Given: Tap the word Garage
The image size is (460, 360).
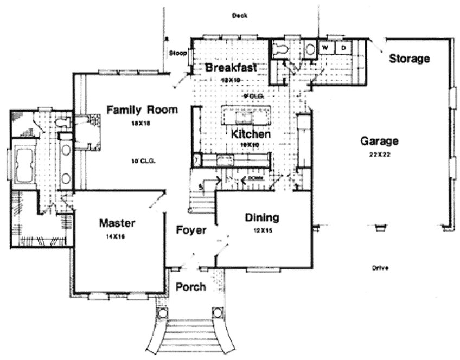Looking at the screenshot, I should tap(379, 142).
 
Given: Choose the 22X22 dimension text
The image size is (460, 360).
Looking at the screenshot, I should tap(379, 154).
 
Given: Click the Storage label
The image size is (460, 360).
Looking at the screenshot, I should tap(410, 59).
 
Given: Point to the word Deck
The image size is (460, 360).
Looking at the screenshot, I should tap(239, 16).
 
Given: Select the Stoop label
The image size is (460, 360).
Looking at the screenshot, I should tap(177, 53).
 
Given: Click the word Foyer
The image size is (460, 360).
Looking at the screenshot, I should tap(191, 230).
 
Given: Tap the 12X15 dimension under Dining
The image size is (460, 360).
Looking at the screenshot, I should tap(261, 230).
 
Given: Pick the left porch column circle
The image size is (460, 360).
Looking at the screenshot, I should tap(162, 313).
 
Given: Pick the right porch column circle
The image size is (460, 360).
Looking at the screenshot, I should tap(218, 313).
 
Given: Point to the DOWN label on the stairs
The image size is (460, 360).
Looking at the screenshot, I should tap(255, 178).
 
